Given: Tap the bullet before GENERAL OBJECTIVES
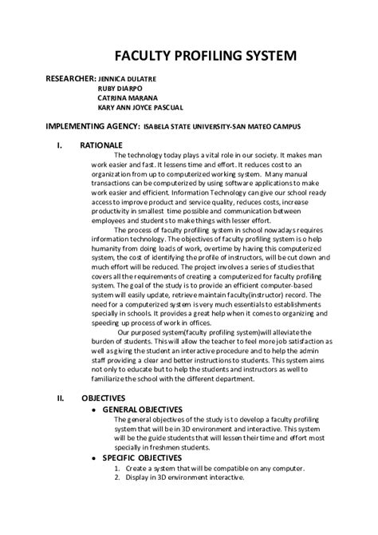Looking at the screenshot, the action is click(x=96, y=410).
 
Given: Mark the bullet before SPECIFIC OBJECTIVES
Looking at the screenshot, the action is click(x=96, y=458).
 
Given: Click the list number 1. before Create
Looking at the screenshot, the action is click(x=116, y=469).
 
